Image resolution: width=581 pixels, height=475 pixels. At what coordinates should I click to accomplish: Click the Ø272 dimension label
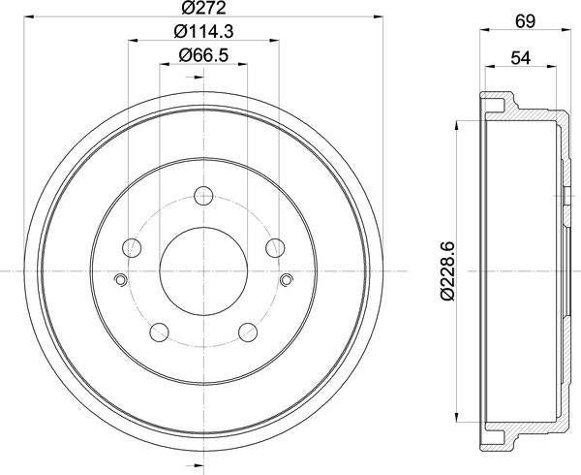(x=202, y=9)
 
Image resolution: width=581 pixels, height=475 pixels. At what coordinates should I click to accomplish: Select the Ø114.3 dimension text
(x=202, y=32)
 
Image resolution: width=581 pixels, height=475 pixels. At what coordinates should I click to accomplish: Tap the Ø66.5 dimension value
(x=202, y=56)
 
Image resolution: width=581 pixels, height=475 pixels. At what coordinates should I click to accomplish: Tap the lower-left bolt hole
(x=159, y=332)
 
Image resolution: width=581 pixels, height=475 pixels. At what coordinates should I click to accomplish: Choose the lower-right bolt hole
(x=246, y=332)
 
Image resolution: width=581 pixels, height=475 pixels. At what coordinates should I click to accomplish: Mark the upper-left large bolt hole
(x=132, y=246)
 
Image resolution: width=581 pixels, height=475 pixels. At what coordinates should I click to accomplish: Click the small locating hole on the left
(x=120, y=281)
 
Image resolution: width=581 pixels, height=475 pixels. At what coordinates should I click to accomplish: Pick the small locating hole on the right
(x=285, y=281)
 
